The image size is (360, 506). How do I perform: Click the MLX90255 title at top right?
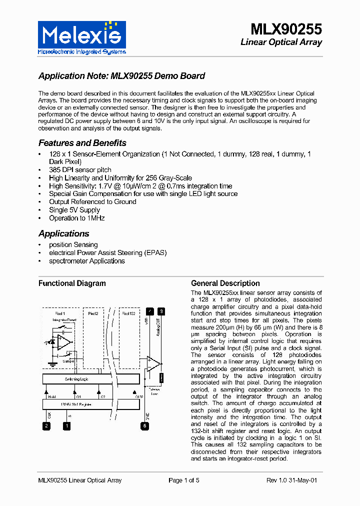(286, 29)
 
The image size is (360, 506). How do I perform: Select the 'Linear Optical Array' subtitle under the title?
(281, 42)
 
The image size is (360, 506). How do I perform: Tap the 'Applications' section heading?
(64, 233)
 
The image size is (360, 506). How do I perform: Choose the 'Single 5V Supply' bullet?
(74, 210)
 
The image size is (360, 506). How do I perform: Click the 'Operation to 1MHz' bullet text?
(77, 218)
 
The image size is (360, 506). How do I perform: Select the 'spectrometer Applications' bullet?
(87, 261)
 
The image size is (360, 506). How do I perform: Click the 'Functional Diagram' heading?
(72, 283)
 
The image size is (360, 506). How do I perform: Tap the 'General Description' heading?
(225, 283)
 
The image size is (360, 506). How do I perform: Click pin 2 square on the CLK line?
(46, 426)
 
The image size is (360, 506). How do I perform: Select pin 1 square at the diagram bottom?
(66, 426)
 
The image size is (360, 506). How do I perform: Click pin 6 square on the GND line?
(144, 426)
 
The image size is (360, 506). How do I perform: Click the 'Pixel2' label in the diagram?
(93, 313)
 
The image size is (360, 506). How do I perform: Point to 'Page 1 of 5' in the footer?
(184, 480)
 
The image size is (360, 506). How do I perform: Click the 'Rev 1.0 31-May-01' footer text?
(291, 480)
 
